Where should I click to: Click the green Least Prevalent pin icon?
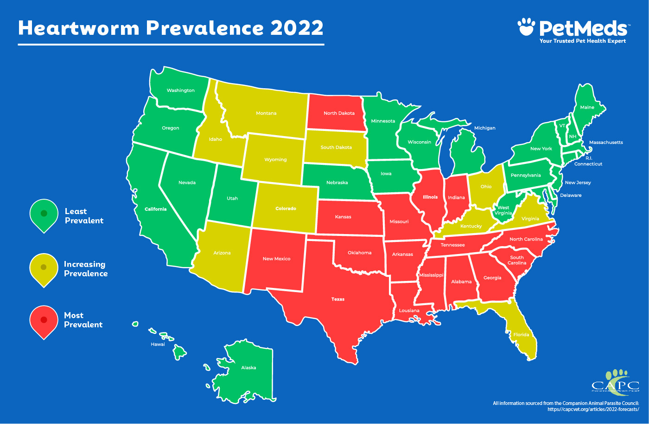[x=44, y=215]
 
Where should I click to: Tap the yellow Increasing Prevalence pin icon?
[x=44, y=268]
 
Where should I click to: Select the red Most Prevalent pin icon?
[x=44, y=321]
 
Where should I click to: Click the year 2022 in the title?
[x=297, y=28]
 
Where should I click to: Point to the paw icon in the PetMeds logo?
[x=526, y=27]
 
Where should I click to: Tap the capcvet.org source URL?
[x=593, y=409]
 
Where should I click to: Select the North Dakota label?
[x=339, y=113]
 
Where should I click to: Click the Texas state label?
[x=338, y=299]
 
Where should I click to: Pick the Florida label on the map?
[x=521, y=334]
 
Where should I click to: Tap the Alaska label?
[x=248, y=368]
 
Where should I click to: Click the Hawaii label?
[x=158, y=345]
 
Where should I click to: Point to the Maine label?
[x=587, y=107]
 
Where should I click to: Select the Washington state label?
[x=181, y=91]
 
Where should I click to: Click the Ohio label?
[x=486, y=187]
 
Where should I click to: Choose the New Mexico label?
[x=276, y=259]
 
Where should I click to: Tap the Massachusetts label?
[x=606, y=143]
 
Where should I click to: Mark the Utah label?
[x=232, y=198]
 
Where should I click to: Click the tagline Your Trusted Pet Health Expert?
[x=582, y=41]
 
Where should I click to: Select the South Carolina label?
[x=517, y=260]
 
